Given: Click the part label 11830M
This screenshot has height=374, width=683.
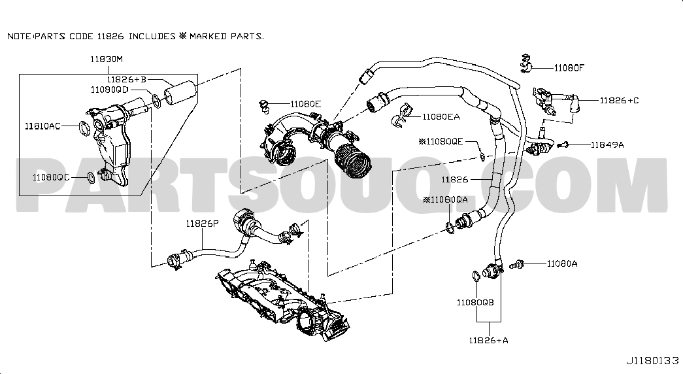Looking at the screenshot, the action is (107, 59).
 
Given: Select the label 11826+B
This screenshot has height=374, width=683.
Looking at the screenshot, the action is (127, 79).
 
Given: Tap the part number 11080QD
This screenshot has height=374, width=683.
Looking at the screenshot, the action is (110, 90).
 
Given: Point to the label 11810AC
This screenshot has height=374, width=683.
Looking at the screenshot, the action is (42, 126).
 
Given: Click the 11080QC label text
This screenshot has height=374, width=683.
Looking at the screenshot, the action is (51, 177).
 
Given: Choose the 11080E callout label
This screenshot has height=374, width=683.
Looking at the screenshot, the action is (306, 104).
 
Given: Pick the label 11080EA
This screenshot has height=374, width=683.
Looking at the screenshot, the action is (441, 116).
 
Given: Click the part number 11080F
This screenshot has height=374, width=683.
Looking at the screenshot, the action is (569, 67).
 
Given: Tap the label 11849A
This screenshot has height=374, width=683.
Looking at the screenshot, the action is (607, 144).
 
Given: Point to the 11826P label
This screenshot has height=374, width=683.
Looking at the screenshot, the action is (202, 224).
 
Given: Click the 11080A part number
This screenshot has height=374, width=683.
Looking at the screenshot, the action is (562, 263).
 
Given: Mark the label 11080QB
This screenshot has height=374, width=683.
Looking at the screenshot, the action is (475, 303).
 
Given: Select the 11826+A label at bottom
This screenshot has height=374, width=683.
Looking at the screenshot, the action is (489, 341).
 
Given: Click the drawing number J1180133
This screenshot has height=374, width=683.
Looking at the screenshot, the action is (653, 361).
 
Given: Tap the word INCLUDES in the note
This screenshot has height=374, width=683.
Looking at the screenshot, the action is (152, 36).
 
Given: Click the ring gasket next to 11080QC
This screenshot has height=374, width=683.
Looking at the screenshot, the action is (90, 177).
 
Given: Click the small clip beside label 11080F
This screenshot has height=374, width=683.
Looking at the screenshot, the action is (527, 63).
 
